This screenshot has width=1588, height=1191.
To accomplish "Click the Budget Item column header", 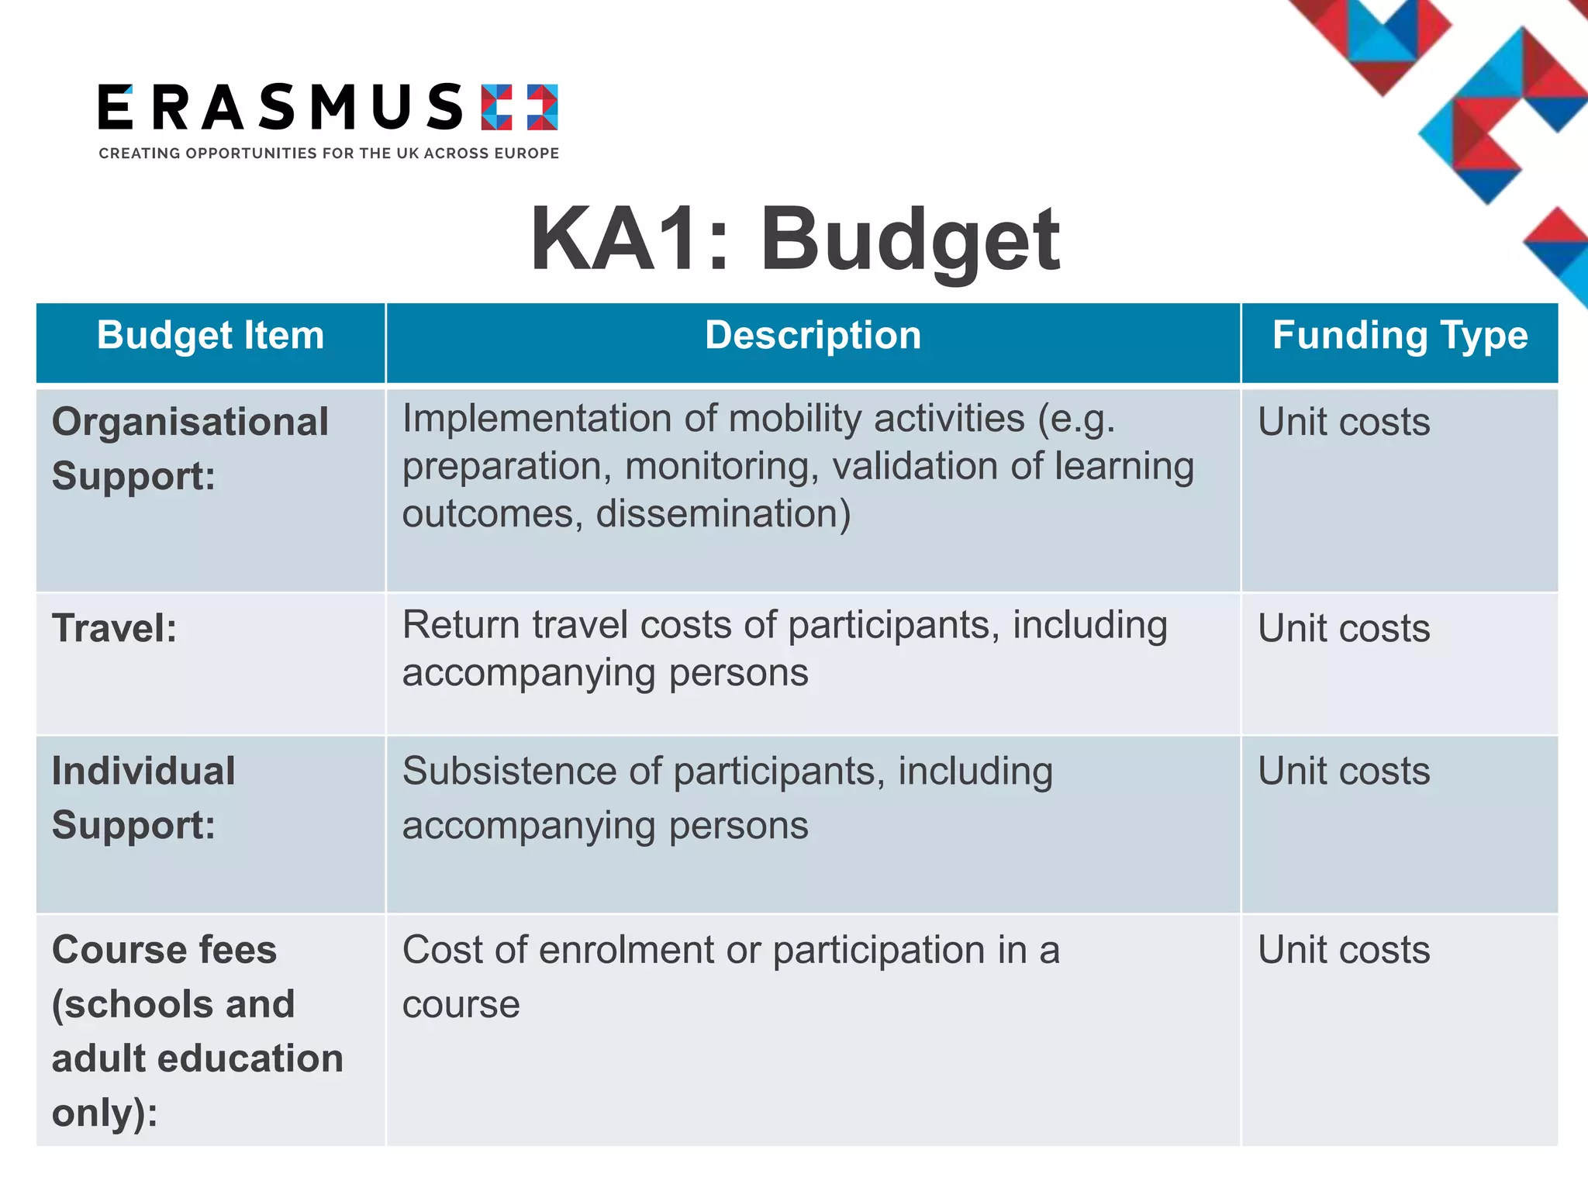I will [x=210, y=336].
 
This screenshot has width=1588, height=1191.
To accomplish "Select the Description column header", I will [x=813, y=336].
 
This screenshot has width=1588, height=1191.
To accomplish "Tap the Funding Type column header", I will [x=1400, y=336].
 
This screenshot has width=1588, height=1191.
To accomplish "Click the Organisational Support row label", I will [x=190, y=448].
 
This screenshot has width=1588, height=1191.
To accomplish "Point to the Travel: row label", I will [x=114, y=628].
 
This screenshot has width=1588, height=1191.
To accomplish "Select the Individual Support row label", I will [x=143, y=798].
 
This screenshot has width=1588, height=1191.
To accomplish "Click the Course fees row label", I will [x=197, y=1030].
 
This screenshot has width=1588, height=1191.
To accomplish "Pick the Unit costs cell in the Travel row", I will [x=1344, y=628].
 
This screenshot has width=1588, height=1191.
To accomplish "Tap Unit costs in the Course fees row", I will [x=1344, y=950].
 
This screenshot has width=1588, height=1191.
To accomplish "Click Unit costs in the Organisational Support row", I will [x=1344, y=423].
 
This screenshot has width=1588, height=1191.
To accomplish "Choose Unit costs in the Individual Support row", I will [x=1344, y=772].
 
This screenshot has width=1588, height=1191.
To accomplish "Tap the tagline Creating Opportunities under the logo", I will [x=328, y=154].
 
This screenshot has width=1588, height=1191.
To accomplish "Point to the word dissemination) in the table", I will [x=723, y=514].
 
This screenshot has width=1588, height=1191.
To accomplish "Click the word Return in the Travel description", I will [x=461, y=625].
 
